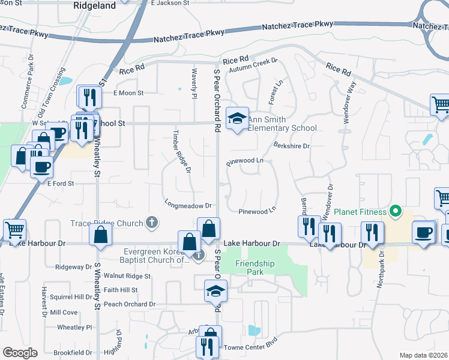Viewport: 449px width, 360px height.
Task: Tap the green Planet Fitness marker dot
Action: (395, 211)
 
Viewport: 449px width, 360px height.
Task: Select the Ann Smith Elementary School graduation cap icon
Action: (237, 117)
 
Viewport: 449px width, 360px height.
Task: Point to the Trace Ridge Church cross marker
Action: (151, 223)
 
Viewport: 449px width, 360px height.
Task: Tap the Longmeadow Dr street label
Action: (188, 205)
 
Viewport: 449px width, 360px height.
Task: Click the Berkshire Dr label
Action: (291, 146)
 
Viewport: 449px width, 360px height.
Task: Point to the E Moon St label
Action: (128, 93)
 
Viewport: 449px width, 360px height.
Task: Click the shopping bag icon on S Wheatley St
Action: (100, 235)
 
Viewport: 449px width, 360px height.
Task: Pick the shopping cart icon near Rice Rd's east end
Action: (440, 104)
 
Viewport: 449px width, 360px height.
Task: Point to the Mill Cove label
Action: (64, 313)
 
